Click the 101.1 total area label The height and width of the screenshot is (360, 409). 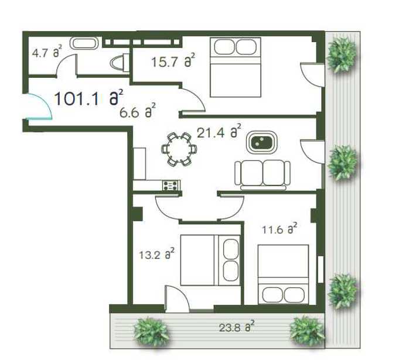[88, 98]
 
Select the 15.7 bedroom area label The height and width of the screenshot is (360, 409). [173, 60]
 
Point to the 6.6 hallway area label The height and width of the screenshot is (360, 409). [138, 111]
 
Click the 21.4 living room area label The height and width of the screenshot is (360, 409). [219, 131]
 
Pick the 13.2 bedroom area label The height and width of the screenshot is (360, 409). [156, 253]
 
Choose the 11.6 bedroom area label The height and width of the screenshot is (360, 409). [280, 228]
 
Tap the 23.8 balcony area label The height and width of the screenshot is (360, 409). [237, 326]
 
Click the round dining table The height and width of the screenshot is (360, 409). [179, 149]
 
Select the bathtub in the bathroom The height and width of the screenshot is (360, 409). [84, 43]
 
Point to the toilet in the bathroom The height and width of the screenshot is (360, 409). [120, 63]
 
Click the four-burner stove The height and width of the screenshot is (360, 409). [171, 186]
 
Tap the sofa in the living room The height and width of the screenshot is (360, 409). [263, 175]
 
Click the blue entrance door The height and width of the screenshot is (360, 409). [40, 107]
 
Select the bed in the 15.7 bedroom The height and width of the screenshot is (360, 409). [236, 67]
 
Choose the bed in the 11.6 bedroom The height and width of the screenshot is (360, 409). [283, 275]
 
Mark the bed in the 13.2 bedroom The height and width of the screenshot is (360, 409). [210, 260]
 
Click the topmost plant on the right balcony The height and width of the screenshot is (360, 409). [342, 54]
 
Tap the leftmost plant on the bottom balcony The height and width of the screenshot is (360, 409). [152, 332]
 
